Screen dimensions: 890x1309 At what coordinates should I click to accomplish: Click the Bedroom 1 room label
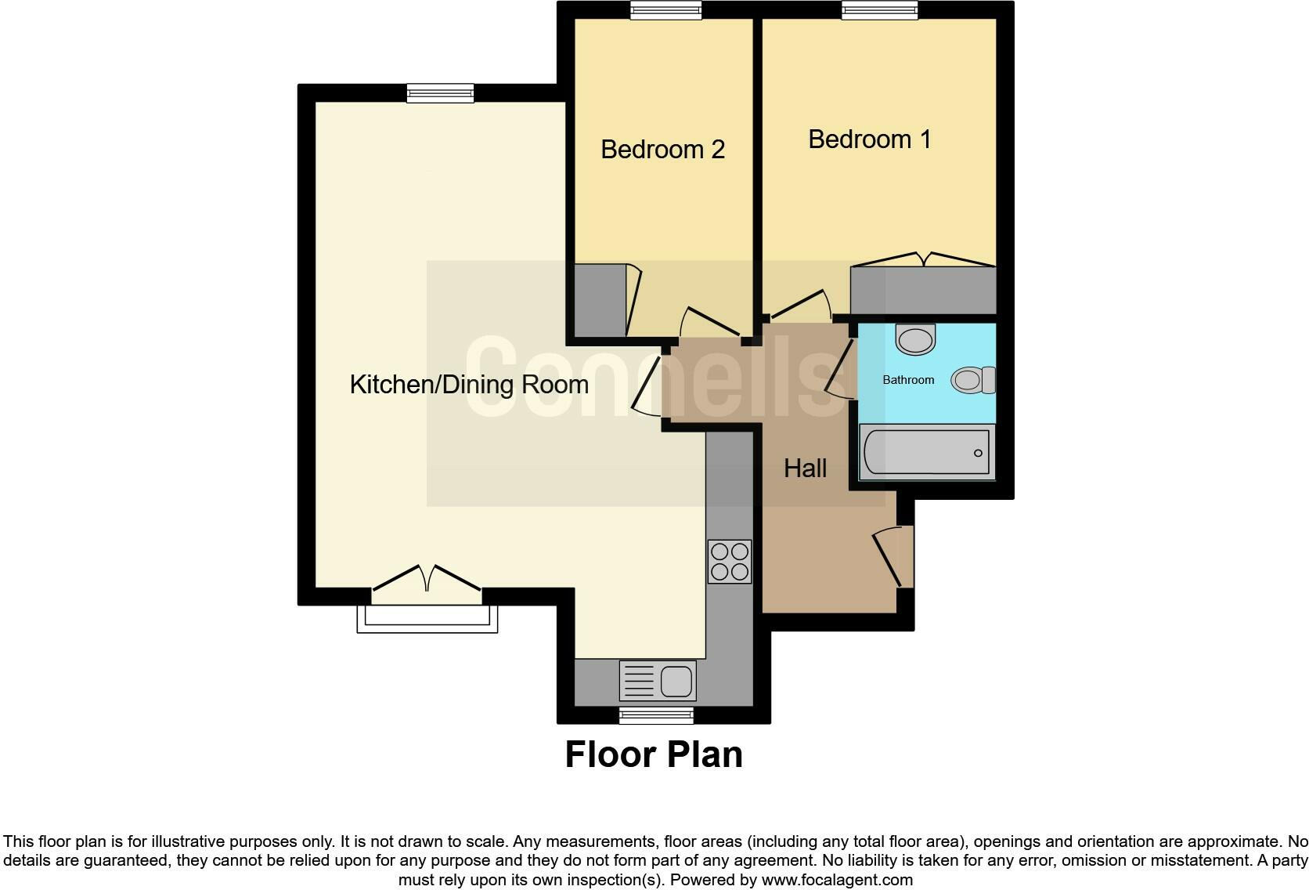869,139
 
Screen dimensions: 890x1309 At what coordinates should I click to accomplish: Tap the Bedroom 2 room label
662,150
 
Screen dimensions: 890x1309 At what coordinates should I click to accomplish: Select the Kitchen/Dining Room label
468,385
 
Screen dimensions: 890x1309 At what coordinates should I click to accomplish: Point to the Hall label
805,469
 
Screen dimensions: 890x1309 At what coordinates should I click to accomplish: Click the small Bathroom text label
908,380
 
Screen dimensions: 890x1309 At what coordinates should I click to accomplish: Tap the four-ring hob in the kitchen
729,561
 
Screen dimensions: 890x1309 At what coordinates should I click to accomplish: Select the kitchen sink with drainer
658,680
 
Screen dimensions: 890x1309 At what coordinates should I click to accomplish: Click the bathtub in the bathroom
926,452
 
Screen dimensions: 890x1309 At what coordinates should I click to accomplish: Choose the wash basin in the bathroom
915,339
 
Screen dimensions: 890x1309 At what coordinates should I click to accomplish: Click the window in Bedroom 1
879,9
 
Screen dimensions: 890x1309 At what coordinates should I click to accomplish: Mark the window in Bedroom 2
666,9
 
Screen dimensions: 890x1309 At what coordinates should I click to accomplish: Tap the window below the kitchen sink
655,715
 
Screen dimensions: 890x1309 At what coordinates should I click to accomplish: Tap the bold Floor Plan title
654,754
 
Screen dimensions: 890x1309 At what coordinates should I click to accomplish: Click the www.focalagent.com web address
836,880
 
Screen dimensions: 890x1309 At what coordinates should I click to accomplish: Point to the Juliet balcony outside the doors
427,619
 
